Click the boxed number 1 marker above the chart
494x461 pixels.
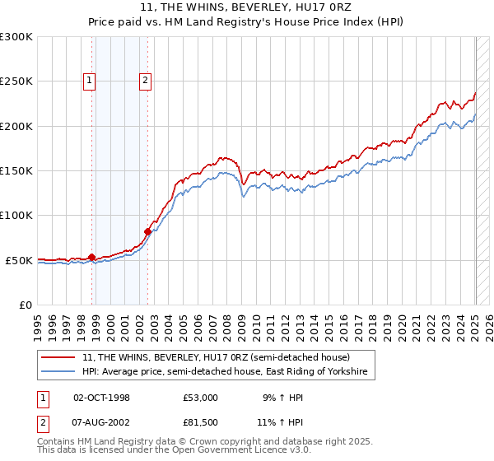[x=88, y=81]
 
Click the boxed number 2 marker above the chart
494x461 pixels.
[x=145, y=81]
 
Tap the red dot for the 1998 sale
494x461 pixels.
[x=91, y=256]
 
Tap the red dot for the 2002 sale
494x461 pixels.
[x=148, y=231]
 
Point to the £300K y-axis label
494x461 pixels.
[x=16, y=37]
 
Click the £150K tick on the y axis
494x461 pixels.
[x=16, y=171]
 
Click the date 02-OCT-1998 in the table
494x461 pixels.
[x=101, y=398]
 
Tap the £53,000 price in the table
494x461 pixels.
[x=201, y=398]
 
